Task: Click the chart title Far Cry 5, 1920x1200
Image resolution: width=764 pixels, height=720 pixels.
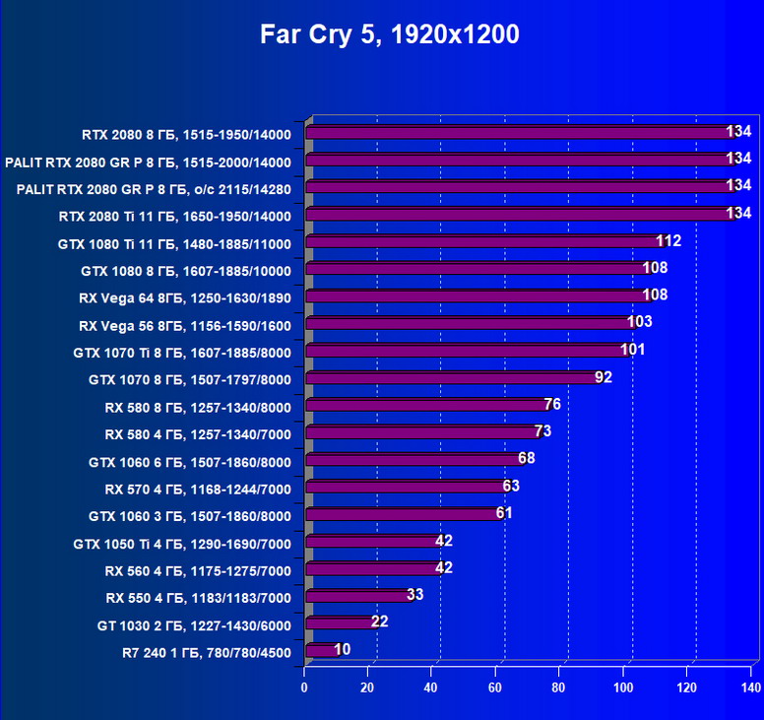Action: [389, 35]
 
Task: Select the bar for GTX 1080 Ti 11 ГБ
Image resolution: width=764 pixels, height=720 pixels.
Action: [487, 241]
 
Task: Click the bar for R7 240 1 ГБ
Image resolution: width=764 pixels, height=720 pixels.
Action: [321, 650]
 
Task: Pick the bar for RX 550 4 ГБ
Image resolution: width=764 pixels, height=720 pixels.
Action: [358, 595]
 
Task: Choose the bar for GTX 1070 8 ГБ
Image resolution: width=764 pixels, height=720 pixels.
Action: [453, 377]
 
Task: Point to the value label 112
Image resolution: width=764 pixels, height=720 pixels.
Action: [668, 241]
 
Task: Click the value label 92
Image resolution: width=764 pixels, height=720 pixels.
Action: [603, 377]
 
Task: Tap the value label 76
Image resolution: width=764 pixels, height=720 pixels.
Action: [551, 405]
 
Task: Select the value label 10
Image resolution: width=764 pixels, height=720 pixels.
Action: [342, 649]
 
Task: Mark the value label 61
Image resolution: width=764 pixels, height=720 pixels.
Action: [503, 513]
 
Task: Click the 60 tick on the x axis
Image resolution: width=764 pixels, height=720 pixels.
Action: [496, 687]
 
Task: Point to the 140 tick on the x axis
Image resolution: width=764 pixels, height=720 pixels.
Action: [750, 687]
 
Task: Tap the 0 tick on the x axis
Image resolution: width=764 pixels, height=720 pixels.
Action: [305, 687]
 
